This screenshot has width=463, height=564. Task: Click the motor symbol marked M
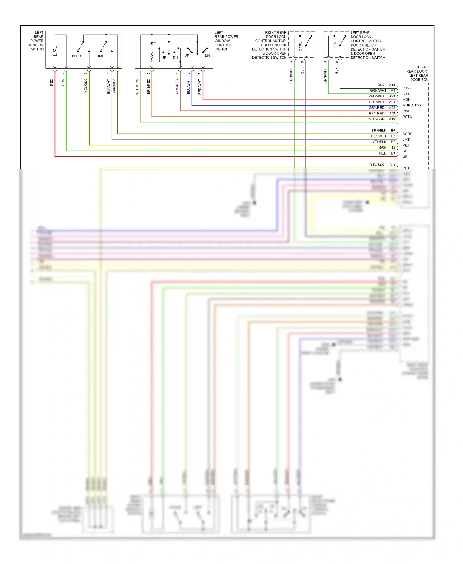tap(55, 51)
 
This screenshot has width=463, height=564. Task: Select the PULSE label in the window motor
tap(77, 56)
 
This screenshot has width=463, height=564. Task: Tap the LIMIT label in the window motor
tap(101, 56)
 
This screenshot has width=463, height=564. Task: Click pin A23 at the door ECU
tap(392, 96)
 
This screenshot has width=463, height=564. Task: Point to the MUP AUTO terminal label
tap(411, 105)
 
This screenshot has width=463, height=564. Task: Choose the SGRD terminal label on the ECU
tap(407, 134)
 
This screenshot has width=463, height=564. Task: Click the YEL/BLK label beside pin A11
tap(377, 165)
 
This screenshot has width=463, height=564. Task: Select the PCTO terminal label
tap(407, 117)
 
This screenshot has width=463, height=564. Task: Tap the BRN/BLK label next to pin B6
tap(379, 131)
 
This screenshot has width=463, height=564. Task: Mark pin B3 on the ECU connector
tap(393, 153)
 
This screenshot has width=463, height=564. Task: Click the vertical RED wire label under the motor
tap(52, 82)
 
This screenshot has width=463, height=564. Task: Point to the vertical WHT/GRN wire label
tap(137, 87)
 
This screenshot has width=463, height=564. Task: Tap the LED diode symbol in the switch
tap(152, 43)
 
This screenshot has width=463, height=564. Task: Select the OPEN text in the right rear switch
tap(301, 47)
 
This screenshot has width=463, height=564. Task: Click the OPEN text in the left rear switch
tap(335, 47)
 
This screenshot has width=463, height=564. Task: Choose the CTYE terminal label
tap(407, 88)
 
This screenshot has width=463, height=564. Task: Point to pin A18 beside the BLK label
tap(392, 85)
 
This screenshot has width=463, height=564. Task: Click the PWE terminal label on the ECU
tap(407, 111)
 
